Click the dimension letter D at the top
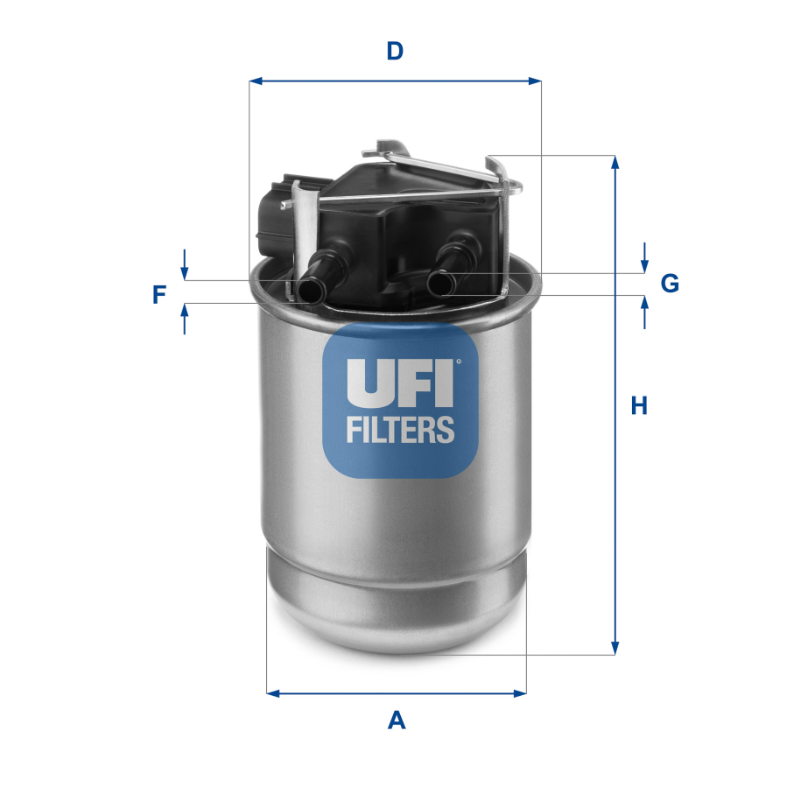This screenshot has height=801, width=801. tap(395, 51)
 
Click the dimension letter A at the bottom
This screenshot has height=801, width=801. tap(397, 720)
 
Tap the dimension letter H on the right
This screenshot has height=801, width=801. tap(640, 405)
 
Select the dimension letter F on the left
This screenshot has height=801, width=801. tap(158, 295)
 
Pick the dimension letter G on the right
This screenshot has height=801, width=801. tap(669, 283)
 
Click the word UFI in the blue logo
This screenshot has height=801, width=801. tap(400, 383)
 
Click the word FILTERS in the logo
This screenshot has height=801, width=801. tap(400, 429)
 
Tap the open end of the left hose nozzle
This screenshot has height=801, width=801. tap(308, 291)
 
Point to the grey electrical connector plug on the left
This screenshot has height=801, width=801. tap(273, 219)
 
